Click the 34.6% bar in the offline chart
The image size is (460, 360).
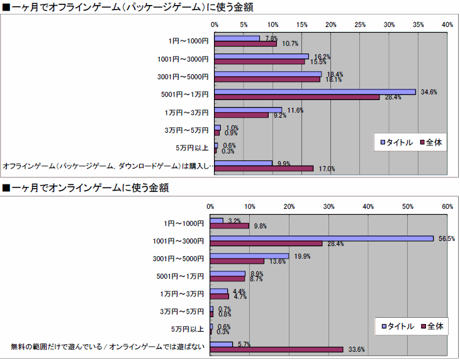point(315,92)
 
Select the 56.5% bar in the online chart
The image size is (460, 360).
point(322,238)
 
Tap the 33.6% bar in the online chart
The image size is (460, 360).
point(276,349)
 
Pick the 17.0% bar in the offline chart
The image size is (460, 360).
point(264,168)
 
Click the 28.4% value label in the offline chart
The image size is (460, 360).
point(393,98)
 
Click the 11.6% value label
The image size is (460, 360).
point(295,110)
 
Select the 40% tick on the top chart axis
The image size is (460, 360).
point(447,25)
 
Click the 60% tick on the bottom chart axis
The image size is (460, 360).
point(447,206)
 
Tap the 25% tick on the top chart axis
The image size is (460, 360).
point(360,25)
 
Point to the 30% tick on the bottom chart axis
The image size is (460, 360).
point(329,206)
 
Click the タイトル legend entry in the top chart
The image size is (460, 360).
point(396,142)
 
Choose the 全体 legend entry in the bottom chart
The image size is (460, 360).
point(435,326)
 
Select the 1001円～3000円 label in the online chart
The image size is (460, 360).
point(179,240)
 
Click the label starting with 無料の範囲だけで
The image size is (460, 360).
point(108,346)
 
